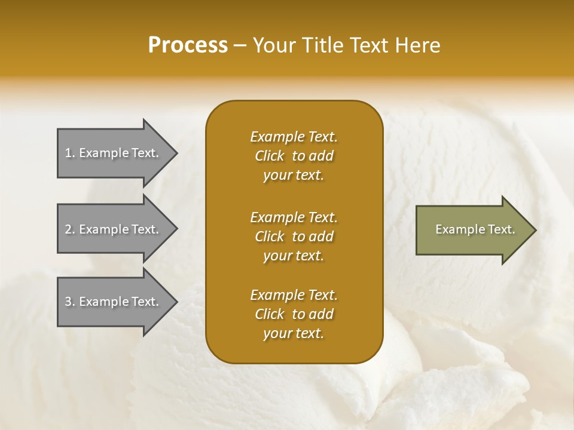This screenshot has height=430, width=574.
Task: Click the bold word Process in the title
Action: pos(188,45)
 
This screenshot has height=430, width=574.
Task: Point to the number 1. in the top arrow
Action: pos(70,153)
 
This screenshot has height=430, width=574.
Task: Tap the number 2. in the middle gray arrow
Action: pos(70,229)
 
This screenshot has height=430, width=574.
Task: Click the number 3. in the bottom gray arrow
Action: pos(70,302)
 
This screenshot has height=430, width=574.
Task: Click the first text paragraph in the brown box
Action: pos(294,156)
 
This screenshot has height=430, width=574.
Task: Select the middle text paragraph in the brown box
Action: pos(294,236)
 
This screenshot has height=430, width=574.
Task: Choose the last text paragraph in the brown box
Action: pos(294,314)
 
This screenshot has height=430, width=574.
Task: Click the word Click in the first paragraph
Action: pos(270,156)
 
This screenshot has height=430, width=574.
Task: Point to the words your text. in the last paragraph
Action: pos(294,333)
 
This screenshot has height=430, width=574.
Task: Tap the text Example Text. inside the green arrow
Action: pos(475,229)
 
